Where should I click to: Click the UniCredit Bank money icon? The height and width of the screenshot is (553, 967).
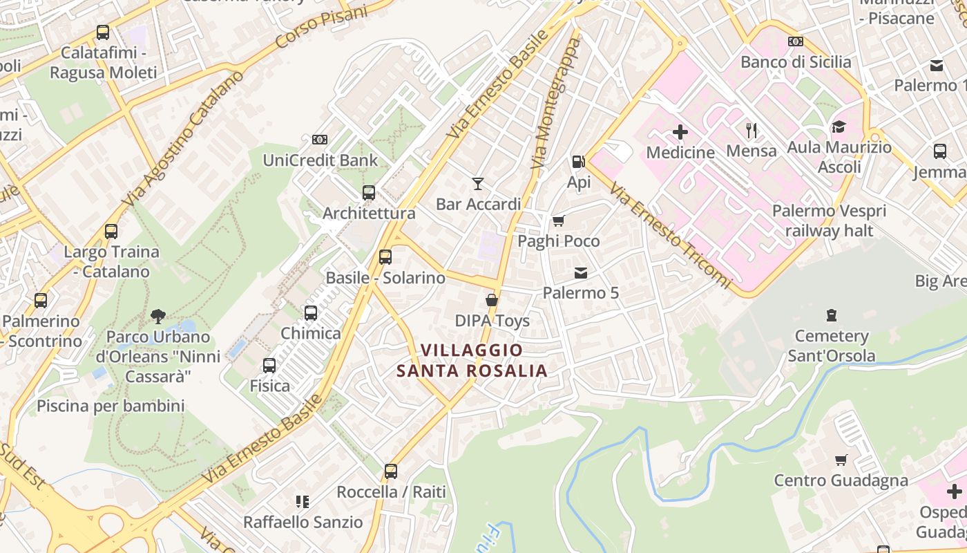(319, 140)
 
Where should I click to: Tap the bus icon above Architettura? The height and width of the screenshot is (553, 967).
(369, 192)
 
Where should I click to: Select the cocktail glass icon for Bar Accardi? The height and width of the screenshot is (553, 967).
(477, 183)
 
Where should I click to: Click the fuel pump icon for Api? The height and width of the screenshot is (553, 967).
(578, 162)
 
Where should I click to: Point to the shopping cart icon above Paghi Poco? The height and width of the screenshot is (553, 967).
(558, 221)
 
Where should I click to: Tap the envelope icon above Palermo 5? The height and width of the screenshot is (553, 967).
(580, 273)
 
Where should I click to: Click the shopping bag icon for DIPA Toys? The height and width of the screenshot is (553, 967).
(491, 300)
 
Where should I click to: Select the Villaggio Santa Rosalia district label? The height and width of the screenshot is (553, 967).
(472, 361)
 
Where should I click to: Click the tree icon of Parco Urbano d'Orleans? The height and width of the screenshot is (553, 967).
(158, 317)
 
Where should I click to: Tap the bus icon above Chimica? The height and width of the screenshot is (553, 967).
(311, 313)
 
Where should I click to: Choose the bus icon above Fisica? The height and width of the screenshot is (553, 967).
(269, 365)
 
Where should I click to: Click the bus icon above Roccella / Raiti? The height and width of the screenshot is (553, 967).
(391, 471)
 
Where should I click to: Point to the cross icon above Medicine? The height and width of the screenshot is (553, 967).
(680, 131)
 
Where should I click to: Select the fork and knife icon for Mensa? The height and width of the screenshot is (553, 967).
(751, 129)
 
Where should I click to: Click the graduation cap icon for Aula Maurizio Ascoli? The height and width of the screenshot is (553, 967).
(839, 126)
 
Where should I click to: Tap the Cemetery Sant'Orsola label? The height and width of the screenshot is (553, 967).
(832, 346)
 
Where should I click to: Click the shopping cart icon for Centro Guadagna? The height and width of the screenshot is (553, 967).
(841, 460)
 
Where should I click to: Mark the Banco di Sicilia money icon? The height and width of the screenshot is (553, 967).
(796, 41)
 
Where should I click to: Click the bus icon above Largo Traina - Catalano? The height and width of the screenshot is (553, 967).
(111, 232)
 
